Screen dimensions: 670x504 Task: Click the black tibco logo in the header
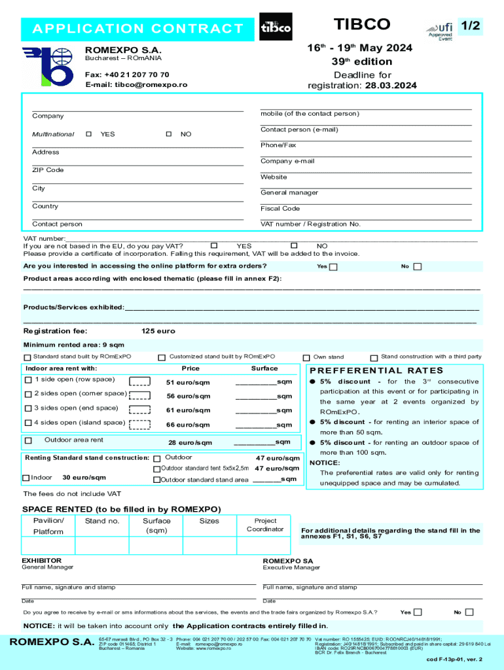(x=276, y=27)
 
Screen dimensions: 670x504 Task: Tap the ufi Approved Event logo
(x=440, y=30)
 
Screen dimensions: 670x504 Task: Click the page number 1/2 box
(x=470, y=26)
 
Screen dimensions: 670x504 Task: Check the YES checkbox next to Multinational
(x=89, y=134)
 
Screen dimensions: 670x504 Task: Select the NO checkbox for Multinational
(x=169, y=134)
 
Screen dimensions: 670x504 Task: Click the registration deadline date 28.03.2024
(x=391, y=85)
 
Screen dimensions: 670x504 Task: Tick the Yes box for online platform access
(x=333, y=267)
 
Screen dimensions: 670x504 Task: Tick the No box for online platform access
(x=418, y=267)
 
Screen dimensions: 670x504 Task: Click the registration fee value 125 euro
(x=158, y=331)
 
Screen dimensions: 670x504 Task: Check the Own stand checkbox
(x=306, y=358)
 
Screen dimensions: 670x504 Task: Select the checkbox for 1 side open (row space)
(x=28, y=380)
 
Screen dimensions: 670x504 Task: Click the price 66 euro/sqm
(x=189, y=425)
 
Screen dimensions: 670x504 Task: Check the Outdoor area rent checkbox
(x=28, y=441)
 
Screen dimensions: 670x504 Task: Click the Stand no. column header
(x=102, y=521)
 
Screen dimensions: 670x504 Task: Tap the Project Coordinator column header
(x=265, y=525)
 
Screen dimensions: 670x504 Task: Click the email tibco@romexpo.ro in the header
(x=136, y=85)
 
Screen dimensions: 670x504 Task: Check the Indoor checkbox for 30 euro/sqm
(x=26, y=478)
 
